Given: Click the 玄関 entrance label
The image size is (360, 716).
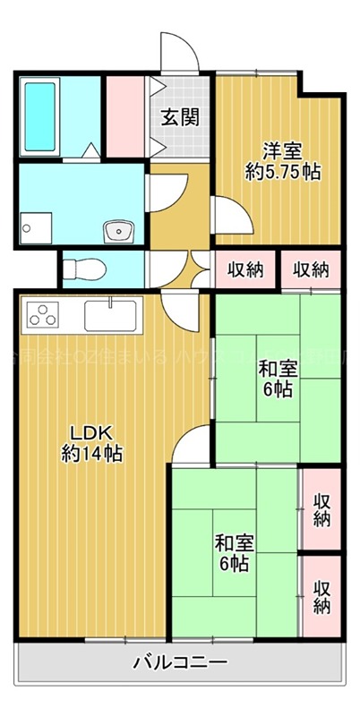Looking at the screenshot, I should tap(180, 116).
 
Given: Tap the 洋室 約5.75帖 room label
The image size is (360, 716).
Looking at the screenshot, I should tap(283, 161).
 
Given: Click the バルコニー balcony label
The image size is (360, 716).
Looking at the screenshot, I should tap(180, 663).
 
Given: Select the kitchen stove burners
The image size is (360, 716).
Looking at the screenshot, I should tap(42, 315).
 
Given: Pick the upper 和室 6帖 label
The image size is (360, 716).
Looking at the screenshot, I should tap(278, 378).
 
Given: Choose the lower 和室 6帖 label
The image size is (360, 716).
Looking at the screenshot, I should tap(233, 552).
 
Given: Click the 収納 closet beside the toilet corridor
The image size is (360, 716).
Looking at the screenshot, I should tap(244, 268).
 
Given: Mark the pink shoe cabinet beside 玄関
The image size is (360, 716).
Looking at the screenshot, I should tap(124, 117).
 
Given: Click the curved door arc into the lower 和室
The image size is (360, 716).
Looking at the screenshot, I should tap(191, 445).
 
